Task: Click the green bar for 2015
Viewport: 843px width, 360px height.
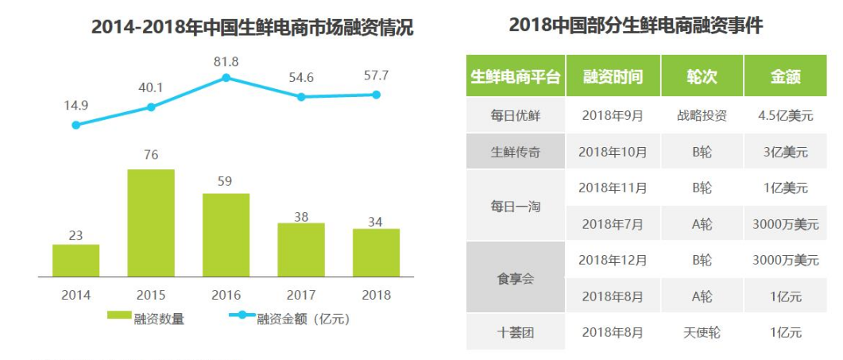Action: pos(151,223)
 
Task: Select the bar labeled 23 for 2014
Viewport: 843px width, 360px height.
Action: pos(75,260)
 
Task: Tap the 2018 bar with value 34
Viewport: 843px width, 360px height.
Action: pos(376,252)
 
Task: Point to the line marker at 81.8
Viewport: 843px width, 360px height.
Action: pos(226,78)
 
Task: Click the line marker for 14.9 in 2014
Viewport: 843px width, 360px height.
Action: pos(75,125)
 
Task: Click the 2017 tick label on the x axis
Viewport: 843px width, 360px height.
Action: pos(301,295)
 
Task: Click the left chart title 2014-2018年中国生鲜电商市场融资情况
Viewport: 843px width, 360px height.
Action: pos(252,27)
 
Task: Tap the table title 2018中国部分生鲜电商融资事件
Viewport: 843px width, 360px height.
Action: pos(636,25)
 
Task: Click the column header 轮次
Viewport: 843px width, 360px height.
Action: pos(702,77)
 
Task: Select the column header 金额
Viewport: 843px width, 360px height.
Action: pos(784,77)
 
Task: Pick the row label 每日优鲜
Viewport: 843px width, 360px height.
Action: pos(515,115)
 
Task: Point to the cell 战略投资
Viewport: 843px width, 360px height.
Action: pos(702,115)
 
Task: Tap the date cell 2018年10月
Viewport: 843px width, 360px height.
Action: pos(612,151)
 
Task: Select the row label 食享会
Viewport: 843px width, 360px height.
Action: pos(515,278)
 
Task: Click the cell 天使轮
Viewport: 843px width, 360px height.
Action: pos(702,332)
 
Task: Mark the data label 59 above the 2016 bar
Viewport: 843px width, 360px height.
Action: pos(226,182)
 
